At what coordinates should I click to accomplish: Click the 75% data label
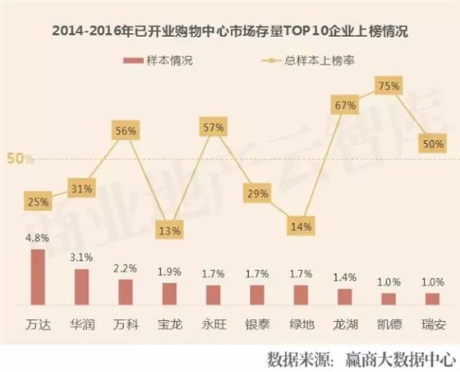point(389,86)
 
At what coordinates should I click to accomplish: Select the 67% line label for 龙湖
point(344,105)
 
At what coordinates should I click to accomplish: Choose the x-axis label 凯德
point(389,324)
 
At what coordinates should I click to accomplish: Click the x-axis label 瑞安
point(433,324)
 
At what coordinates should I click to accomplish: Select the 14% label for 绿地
point(301,226)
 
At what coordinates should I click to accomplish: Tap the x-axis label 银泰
point(256,324)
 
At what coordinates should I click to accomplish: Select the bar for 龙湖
point(345,297)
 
